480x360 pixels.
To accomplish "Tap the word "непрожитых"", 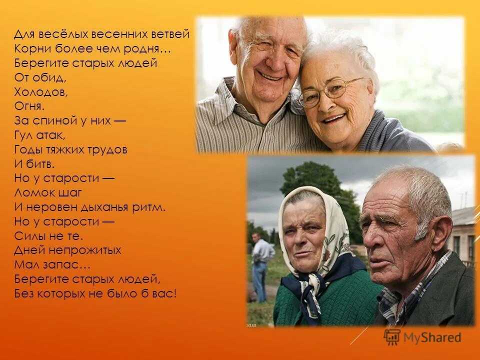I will click(x=82, y=250).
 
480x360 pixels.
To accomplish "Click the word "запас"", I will click(x=59, y=264).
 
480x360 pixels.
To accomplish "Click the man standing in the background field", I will click(x=260, y=265).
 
